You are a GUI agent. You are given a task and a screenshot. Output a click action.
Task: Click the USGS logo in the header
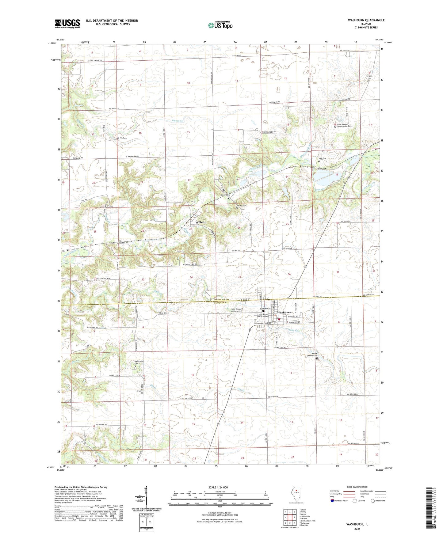[x=67, y=24]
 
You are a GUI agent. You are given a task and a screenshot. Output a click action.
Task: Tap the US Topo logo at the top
[x=220, y=25]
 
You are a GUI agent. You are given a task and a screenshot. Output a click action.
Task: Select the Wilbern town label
[x=201, y=222]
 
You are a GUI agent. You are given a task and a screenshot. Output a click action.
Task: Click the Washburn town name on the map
[x=284, y=312]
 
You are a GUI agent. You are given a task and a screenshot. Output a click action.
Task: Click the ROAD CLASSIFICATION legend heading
[x=357, y=487]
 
